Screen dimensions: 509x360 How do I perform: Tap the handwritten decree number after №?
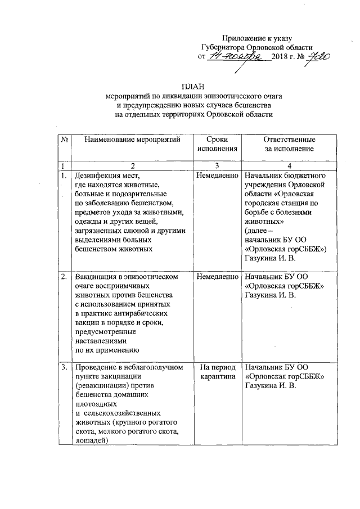316,57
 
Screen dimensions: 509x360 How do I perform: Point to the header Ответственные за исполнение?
289,143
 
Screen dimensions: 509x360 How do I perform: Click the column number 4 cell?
289,166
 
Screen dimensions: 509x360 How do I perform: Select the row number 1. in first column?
64,176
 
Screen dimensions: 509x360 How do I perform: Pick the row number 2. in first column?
64,277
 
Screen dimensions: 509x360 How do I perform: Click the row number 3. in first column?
64,367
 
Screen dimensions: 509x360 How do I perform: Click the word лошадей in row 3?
92,440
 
